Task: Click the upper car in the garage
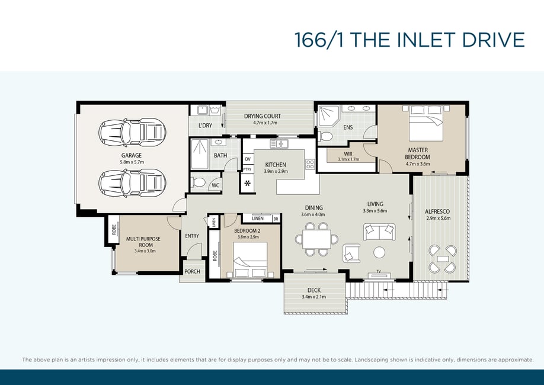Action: (132, 133)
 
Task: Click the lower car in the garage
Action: (132, 184)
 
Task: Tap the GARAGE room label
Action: (132, 155)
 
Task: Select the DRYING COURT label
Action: (263, 116)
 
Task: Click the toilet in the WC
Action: (199, 182)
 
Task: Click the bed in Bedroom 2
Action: (250, 260)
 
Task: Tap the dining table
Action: (316, 239)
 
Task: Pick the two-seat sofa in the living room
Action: (379, 232)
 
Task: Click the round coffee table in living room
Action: (379, 252)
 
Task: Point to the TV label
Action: (379, 272)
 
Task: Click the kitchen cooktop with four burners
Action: (310, 164)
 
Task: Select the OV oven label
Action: (247, 159)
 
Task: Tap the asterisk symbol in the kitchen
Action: (247, 183)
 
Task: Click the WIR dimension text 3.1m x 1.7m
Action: (348, 159)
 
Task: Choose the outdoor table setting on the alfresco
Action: (442, 259)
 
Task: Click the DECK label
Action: (313, 290)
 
